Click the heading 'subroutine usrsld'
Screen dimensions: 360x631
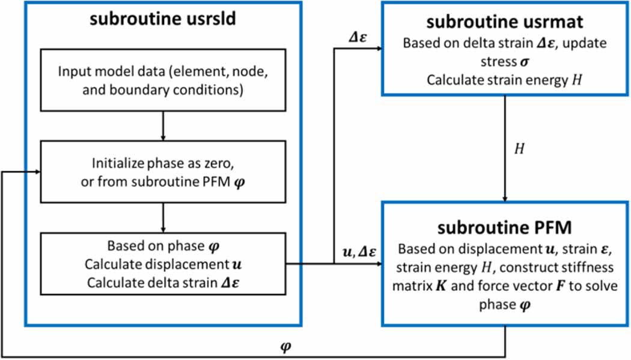pyautogui.click(x=163, y=19)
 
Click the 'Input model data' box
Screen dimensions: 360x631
pyautogui.click(x=163, y=80)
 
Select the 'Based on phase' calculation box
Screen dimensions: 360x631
pyautogui.click(x=163, y=263)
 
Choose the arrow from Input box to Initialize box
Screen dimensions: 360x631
pyautogui.click(x=163, y=127)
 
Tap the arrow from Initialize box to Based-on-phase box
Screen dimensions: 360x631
pyautogui.click(x=163, y=219)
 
